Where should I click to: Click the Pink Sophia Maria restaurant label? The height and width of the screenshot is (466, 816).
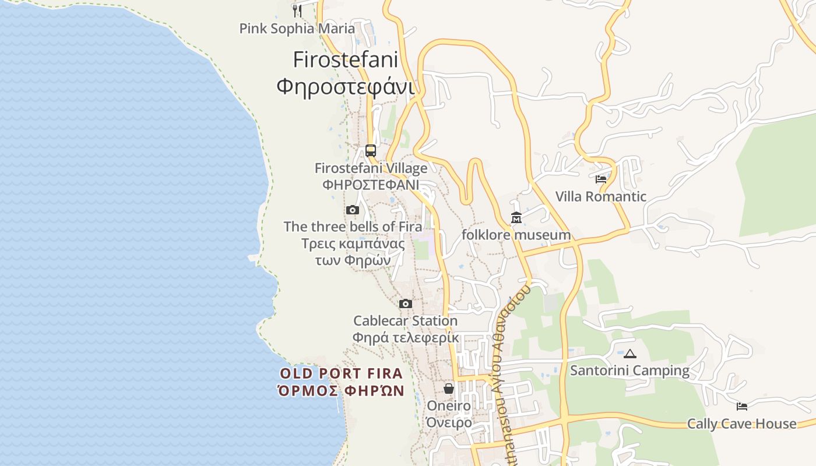(297, 29)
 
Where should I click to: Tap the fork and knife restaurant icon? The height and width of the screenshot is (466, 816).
(297, 10)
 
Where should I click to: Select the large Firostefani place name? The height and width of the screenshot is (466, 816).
(345, 59)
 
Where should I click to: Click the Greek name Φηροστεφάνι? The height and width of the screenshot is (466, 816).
(345, 87)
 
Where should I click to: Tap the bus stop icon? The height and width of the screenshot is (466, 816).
(371, 151)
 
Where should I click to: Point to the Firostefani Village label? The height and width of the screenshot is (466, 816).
(371, 168)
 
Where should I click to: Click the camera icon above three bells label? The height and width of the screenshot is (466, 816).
(352, 210)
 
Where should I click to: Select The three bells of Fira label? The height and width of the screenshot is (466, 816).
(353, 227)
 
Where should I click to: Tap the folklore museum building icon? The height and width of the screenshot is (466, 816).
(516, 218)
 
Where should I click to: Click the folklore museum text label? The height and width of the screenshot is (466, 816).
(516, 235)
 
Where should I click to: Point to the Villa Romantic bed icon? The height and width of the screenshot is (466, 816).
(601, 179)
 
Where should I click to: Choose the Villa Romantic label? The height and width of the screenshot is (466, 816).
(600, 196)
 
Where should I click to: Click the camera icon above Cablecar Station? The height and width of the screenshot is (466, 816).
(406, 303)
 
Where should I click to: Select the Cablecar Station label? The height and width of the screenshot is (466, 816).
(406, 321)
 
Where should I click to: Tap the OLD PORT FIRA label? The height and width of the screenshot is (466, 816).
(341, 373)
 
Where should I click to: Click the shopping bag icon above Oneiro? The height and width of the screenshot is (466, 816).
(449, 388)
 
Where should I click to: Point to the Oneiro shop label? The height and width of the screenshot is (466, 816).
(449, 405)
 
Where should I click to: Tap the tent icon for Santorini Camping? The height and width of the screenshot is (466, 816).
(629, 354)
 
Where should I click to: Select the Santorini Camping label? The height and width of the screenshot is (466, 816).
(629, 370)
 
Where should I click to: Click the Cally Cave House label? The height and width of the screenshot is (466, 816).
(741, 423)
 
